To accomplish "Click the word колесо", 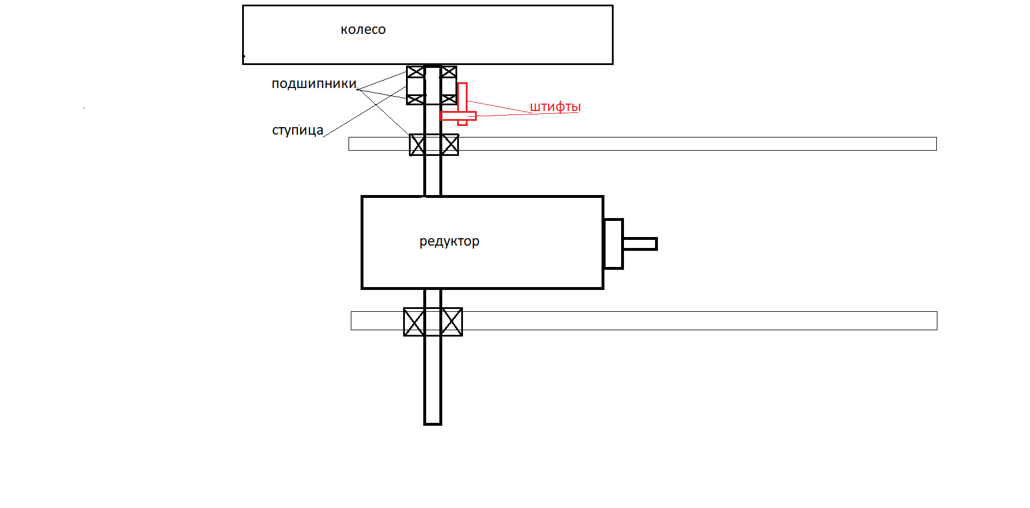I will (363, 30).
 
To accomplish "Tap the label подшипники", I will (314, 84).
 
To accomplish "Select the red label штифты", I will (555, 107).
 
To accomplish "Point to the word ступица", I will (297, 131).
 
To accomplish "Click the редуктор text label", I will (449, 242).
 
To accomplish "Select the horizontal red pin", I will (458, 116).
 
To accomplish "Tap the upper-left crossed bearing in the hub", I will (415, 72).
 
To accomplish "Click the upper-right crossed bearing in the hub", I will (449, 72).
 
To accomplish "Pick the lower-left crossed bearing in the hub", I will (415, 100).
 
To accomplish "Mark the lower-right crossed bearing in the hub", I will (449, 100).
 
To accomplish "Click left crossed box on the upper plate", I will (418, 145).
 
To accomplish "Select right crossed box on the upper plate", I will (450, 145).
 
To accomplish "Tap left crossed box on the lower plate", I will (414, 322).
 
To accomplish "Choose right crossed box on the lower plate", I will (452, 322).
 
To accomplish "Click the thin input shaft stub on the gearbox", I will (640, 244).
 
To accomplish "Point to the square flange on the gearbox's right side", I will (614, 244).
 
